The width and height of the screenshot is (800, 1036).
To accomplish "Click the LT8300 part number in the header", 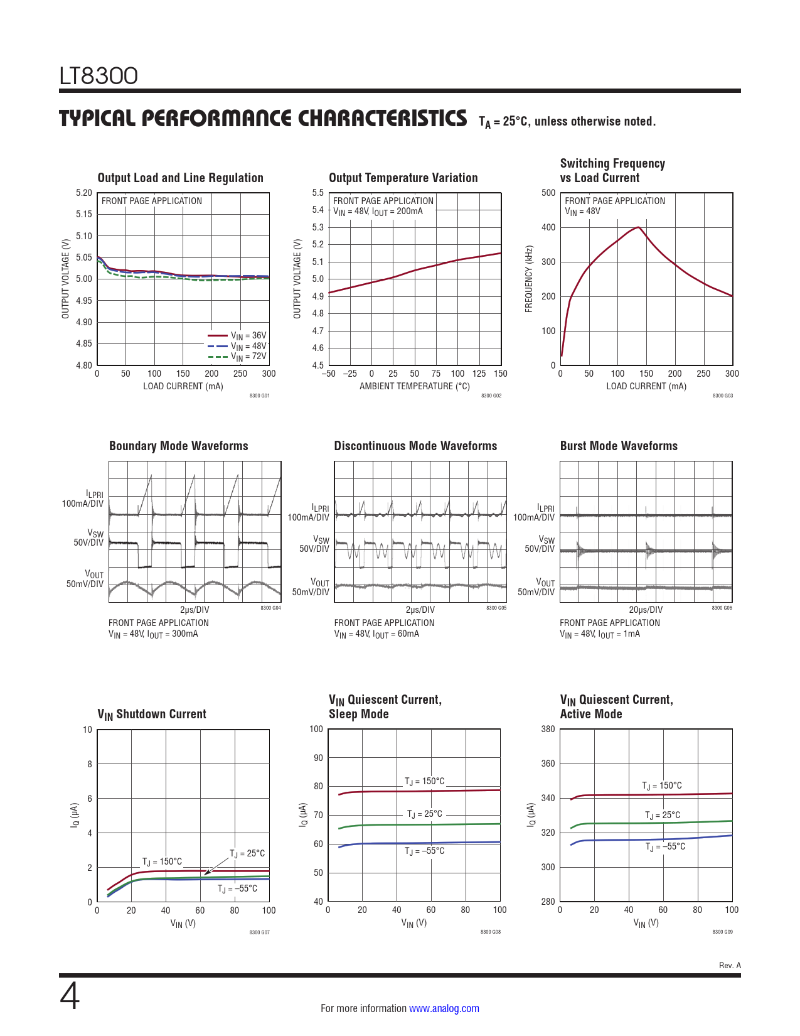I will pos(99,76).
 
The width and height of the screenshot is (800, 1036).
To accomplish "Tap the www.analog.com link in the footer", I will pos(444,1008).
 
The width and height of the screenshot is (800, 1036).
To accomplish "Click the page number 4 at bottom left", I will pos(70,996).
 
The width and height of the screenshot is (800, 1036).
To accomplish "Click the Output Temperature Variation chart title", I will pos(403,178).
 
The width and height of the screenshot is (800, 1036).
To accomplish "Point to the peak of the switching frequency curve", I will pos(638,227).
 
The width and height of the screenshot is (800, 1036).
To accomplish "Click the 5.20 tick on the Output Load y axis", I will pos(84,193).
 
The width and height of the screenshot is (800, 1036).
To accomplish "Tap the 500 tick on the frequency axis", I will pos(548,193).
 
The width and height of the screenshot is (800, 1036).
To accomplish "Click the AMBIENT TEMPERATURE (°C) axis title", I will pos(414,386).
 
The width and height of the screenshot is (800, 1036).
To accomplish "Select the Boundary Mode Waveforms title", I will pos(178,446).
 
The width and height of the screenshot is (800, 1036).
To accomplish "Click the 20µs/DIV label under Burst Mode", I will pos(646,610).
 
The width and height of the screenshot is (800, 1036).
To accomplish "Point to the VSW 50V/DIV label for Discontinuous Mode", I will pos(314,544).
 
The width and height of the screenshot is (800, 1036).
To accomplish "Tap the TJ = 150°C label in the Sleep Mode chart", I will pos(425,781).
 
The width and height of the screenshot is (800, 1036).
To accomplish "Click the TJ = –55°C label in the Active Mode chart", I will pos(665,846).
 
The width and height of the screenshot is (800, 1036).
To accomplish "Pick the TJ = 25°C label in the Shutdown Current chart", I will pos(247,853).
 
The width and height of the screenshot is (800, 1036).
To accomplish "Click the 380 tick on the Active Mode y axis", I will pos(548,729).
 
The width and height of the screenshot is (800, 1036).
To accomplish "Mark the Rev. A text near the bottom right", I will pos(730,965).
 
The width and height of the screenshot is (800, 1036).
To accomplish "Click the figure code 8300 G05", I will pos(496,608).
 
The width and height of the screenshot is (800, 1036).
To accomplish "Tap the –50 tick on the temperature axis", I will pos(328,374).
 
